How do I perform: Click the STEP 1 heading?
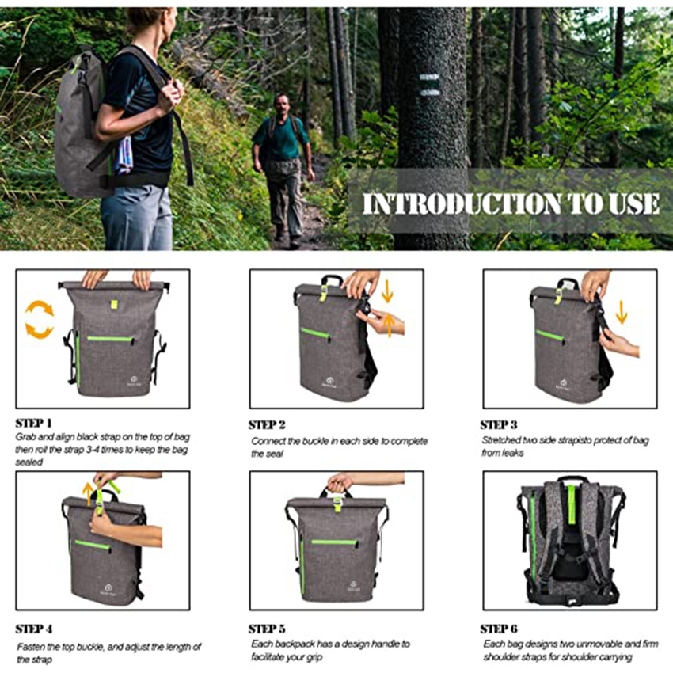(x=34, y=423)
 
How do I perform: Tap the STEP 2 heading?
(x=267, y=425)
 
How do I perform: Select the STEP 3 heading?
(x=500, y=425)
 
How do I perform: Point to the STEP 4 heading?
(x=34, y=629)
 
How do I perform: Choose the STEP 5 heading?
(x=267, y=629)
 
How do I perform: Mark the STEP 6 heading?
(x=500, y=629)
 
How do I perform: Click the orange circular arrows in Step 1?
(x=39, y=319)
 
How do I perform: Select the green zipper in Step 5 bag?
(x=333, y=542)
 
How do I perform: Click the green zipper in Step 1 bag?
(x=110, y=339)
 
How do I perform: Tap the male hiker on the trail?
(x=280, y=162)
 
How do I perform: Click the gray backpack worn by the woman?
(x=79, y=127)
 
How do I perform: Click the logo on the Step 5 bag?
(x=352, y=587)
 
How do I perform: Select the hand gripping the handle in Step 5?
(x=340, y=482)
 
